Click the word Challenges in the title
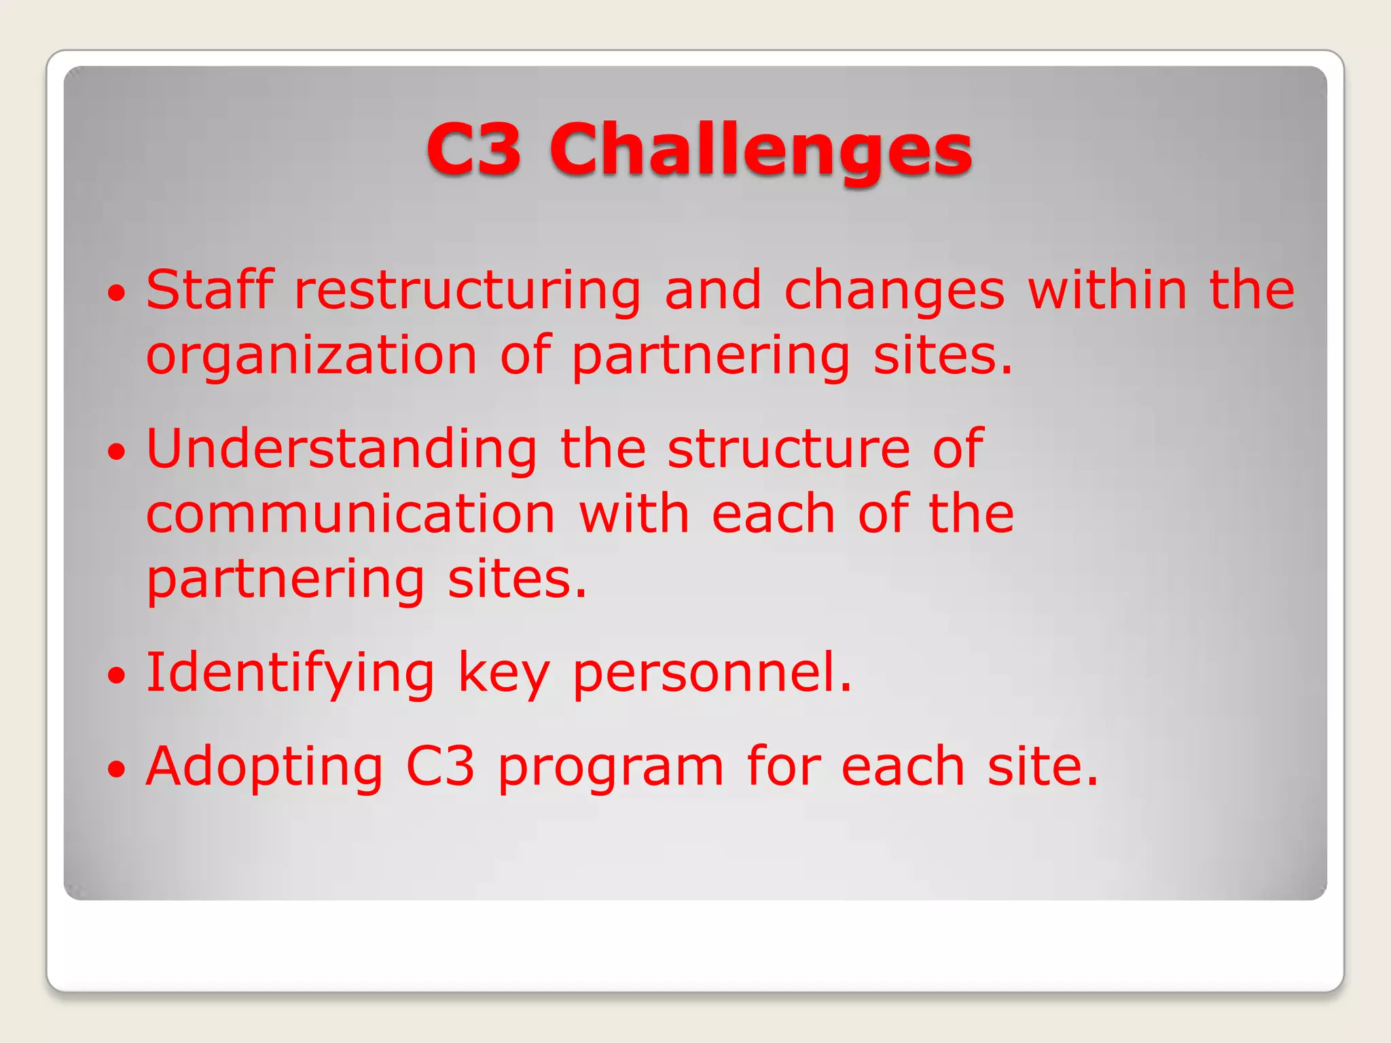pyautogui.click(x=761, y=149)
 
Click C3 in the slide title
pyautogui.click(x=473, y=149)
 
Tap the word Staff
pyautogui.click(x=210, y=290)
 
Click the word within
pyautogui.click(x=1107, y=290)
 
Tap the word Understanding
pyautogui.click(x=342, y=450)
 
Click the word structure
pyautogui.click(x=789, y=450)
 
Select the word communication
pyautogui.click(x=350, y=514)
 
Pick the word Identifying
pyautogui.click(x=290, y=674)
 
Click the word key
pyautogui.click(x=503, y=674)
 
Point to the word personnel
pyautogui.click(x=712, y=674)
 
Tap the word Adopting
pyautogui.click(x=265, y=768)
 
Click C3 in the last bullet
pyautogui.click(x=440, y=767)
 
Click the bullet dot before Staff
pyautogui.click(x=117, y=293)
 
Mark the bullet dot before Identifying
pyautogui.click(x=117, y=676)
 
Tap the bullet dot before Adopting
pyautogui.click(x=117, y=769)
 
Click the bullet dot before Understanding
pyautogui.click(x=117, y=452)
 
